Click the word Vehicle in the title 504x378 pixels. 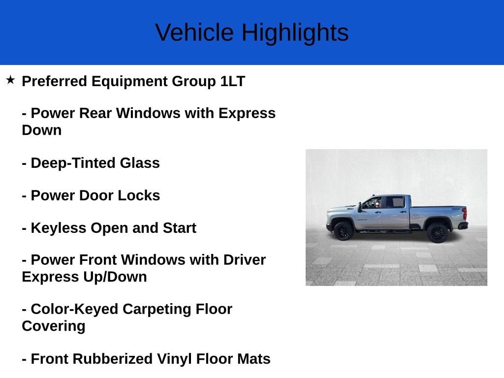point(194,32)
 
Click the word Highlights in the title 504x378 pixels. point(295,33)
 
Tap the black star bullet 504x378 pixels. point(10,80)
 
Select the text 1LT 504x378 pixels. point(233,81)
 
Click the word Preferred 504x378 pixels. point(54,81)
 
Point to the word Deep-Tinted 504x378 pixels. point(73,163)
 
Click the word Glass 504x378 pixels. point(140,163)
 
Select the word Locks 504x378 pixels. point(139,195)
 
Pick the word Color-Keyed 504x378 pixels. point(75,309)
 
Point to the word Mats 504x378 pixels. point(254,359)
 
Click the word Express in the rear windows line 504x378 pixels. point(247,114)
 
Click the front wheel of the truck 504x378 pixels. point(343,231)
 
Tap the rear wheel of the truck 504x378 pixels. point(438,232)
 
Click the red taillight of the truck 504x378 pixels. point(465,214)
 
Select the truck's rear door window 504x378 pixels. point(395,202)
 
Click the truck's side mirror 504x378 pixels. point(360,207)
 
